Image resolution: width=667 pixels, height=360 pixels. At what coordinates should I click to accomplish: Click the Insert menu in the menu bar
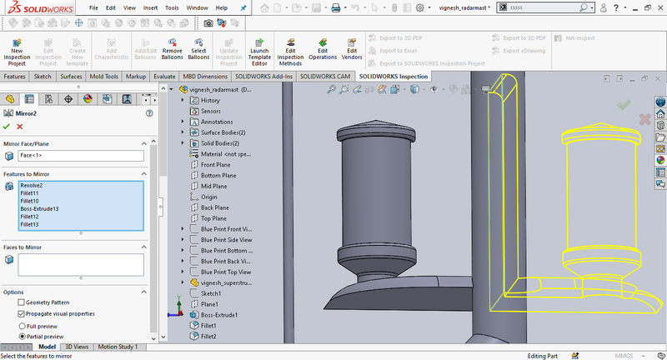click(x=150, y=7)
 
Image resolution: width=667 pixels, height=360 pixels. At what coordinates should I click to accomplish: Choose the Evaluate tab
click(x=164, y=77)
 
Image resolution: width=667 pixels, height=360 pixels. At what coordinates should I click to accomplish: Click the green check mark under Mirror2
click(x=7, y=126)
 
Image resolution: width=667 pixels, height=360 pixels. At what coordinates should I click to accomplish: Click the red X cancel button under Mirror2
click(x=19, y=126)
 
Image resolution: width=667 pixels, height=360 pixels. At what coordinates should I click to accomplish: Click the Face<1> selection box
click(x=80, y=156)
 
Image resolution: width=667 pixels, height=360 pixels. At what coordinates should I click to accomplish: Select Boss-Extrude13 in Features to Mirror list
click(x=39, y=208)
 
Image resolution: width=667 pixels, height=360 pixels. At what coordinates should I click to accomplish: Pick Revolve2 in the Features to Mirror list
click(x=32, y=185)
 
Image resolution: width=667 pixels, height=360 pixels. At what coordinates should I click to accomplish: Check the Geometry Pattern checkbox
click(x=22, y=302)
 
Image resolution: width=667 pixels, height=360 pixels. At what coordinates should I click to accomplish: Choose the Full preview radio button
click(x=22, y=326)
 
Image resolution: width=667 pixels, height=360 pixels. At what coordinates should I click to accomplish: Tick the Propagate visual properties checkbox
click(x=22, y=314)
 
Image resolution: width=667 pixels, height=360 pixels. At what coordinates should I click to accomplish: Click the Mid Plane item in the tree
click(x=214, y=186)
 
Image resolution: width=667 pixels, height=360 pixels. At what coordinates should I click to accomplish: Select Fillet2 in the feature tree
click(x=208, y=337)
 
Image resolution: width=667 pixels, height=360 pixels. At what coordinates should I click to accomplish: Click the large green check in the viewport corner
click(x=624, y=105)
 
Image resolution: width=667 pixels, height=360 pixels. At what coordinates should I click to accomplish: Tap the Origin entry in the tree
click(x=208, y=197)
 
